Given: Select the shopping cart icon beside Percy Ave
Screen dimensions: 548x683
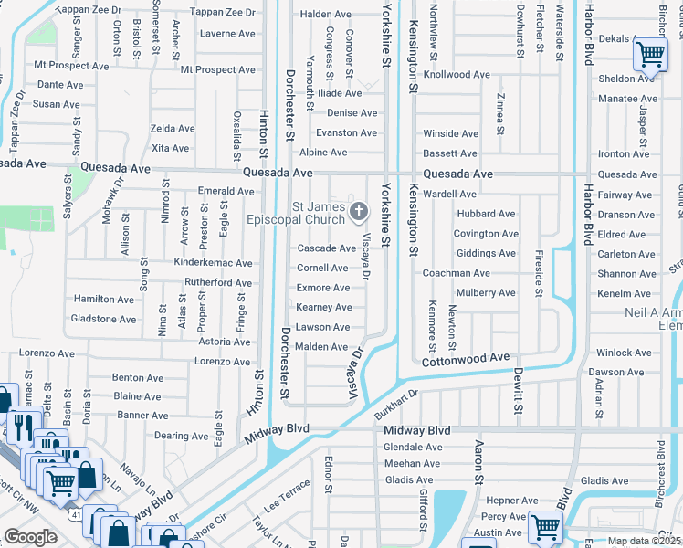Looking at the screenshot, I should (x=545, y=526).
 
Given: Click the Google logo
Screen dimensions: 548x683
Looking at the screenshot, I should (x=30, y=537).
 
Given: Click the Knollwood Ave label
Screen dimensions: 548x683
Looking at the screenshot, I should (x=457, y=75).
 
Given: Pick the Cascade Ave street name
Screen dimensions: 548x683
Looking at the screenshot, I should (x=327, y=248).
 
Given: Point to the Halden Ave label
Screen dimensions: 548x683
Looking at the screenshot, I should (x=326, y=15).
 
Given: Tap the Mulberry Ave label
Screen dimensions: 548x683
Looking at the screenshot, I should (x=487, y=293).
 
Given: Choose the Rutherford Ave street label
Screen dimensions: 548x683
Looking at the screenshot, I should (x=217, y=283).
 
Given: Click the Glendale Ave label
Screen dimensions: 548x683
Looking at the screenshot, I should (x=413, y=448).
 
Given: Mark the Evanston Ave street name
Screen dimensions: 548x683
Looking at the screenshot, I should (x=346, y=133).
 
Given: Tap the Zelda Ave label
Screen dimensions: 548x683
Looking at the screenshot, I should (x=173, y=129).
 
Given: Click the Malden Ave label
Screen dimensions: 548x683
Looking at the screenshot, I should (x=321, y=347).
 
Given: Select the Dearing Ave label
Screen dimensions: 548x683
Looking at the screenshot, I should (x=182, y=437).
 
